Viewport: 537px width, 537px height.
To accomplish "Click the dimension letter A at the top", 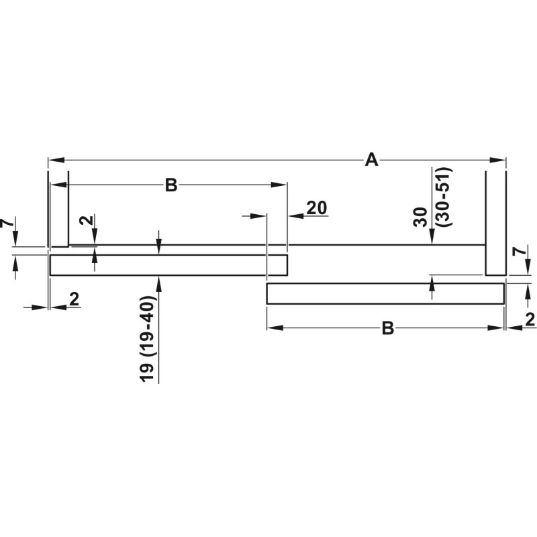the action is pos(372,160).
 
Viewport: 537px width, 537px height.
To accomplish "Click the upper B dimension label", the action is pos(171,185).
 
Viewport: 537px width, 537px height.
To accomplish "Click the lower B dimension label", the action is pos(388,328).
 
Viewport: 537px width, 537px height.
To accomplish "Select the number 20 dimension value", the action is pos(317,208).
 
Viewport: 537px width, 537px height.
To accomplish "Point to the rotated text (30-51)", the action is pos(445,197).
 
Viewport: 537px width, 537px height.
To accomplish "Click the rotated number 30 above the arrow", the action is pos(422,217).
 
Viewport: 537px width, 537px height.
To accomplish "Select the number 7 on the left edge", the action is pos(7,224).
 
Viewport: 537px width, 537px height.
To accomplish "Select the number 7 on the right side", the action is pos(520,252).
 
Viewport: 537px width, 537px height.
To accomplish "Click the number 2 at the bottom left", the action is pos(74,299).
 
